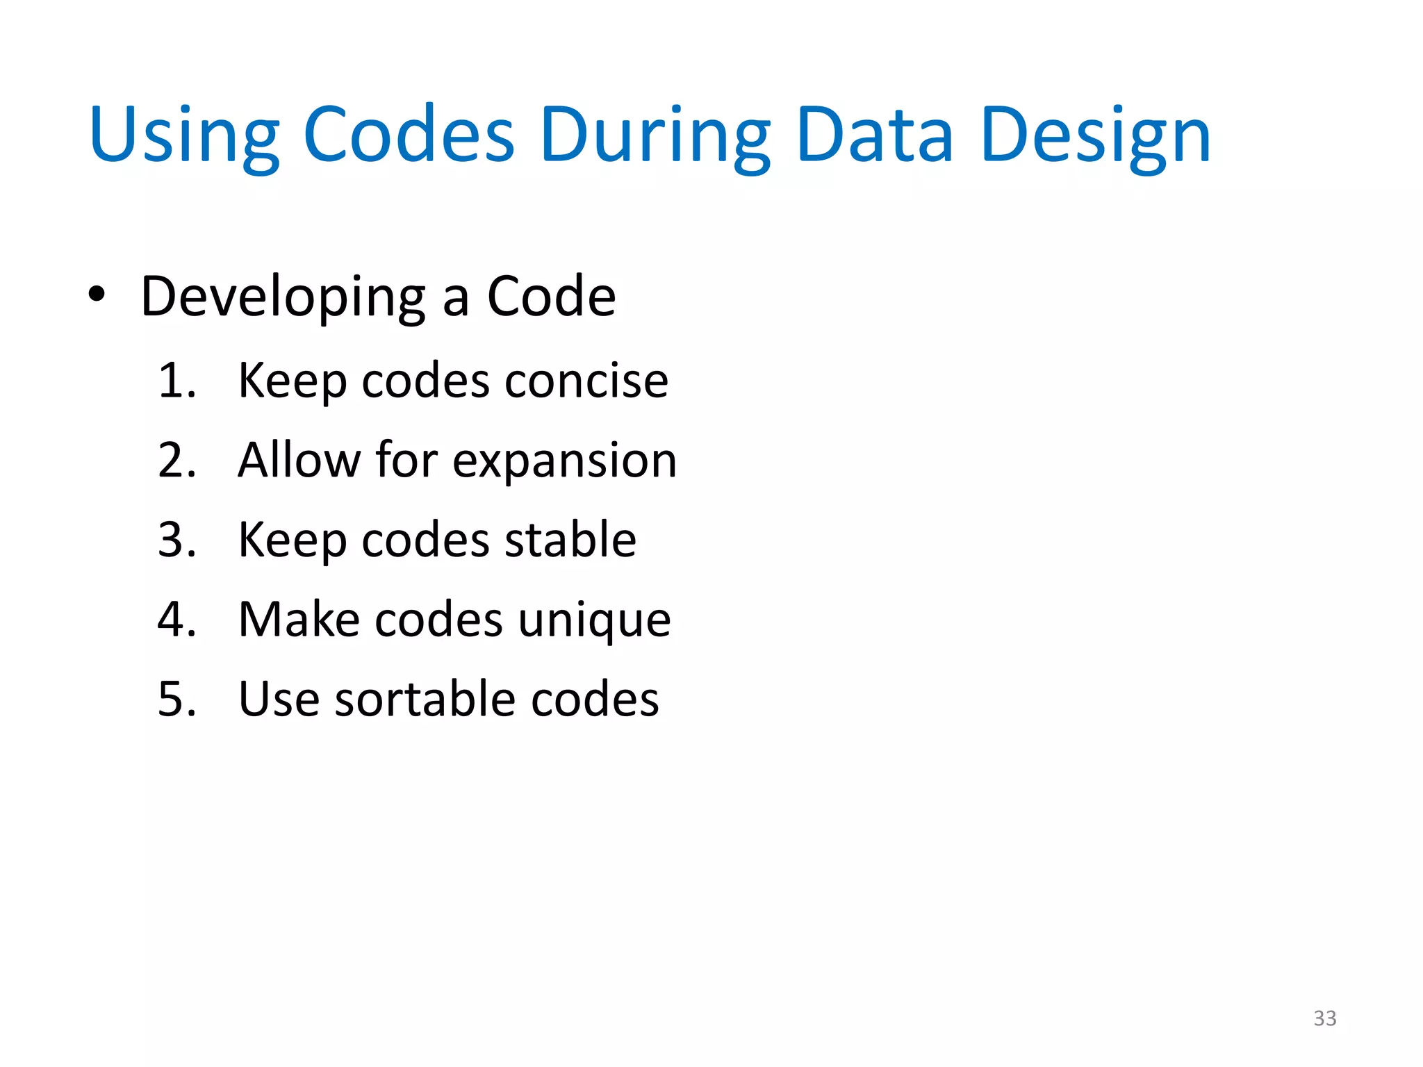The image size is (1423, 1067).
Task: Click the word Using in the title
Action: [184, 135]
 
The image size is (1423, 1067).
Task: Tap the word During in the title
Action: [654, 135]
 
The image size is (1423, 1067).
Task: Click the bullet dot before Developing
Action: [97, 295]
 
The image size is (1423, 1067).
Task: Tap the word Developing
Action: [283, 297]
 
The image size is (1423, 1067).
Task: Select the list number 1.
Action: [176, 381]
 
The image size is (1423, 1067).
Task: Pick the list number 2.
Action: [176, 460]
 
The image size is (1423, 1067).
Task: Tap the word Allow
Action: [299, 460]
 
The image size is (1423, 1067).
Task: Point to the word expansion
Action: [564, 461]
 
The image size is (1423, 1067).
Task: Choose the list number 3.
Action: [176, 540]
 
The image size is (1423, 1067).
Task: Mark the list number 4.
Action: [176, 619]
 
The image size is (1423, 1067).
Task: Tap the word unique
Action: [594, 620]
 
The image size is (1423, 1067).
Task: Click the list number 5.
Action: [176, 699]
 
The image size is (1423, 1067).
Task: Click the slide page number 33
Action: [1324, 1018]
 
